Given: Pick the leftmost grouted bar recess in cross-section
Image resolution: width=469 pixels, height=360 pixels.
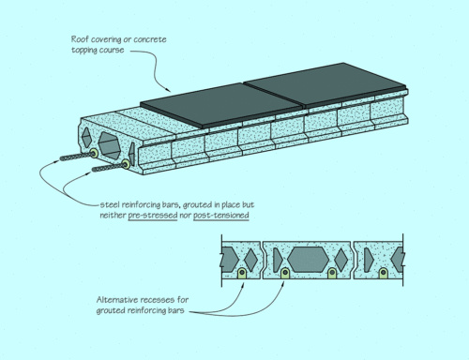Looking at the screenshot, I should tap(242, 273).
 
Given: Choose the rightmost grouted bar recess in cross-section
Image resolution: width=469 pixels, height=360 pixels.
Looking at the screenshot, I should tap(385, 273).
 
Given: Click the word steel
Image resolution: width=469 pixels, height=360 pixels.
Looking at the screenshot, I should tap(112, 203).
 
